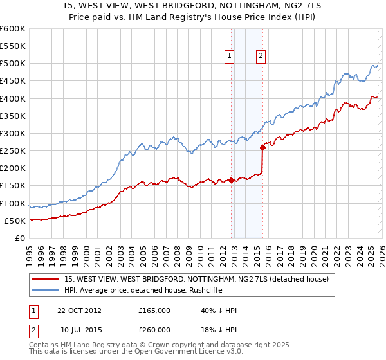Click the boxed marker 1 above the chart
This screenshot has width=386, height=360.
(230, 57)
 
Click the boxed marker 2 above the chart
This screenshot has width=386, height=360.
(261, 57)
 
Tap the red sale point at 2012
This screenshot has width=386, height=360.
(231, 181)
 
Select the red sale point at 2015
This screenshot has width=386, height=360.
(262, 147)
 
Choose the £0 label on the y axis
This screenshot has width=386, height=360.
(19, 239)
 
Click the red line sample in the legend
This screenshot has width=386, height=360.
(46, 279)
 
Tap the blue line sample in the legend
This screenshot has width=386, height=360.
(46, 290)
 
